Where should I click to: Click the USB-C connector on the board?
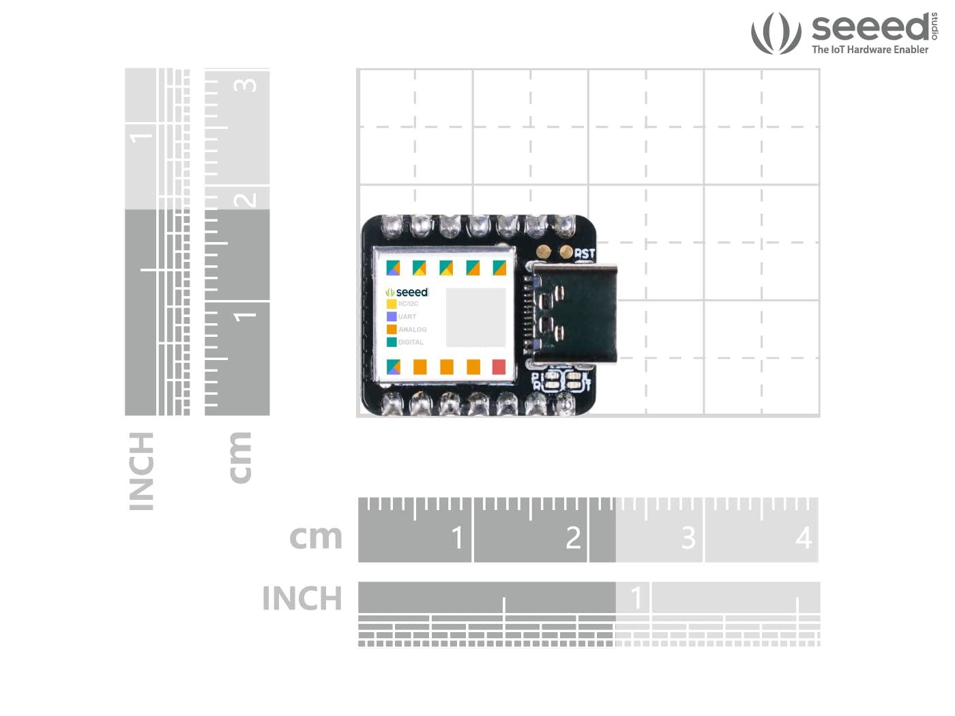[x=574, y=314]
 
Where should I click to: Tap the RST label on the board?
[x=585, y=254]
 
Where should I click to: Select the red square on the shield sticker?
[x=499, y=367]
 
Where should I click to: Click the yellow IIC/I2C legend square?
[x=392, y=304]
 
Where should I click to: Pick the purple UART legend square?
[x=392, y=316]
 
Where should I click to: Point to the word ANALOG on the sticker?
[x=413, y=329]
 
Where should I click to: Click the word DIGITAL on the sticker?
[x=411, y=342]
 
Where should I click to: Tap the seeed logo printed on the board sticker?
[x=407, y=292]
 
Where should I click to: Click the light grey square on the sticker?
[x=475, y=318]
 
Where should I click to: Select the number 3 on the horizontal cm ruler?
[x=688, y=538]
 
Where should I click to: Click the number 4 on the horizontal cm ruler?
[x=804, y=538]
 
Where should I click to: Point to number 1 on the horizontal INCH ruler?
[x=636, y=598]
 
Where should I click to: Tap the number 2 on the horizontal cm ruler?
[x=573, y=538]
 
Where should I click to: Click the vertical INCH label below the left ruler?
[x=142, y=471]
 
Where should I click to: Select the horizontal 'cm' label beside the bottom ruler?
[x=316, y=537]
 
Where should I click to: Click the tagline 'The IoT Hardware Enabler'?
[x=870, y=50]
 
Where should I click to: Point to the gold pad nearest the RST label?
[x=565, y=252]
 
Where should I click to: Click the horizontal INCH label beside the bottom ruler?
[x=302, y=599]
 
